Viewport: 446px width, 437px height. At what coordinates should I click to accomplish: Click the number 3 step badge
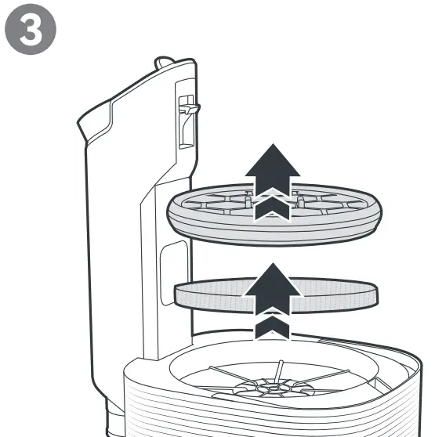(31, 29)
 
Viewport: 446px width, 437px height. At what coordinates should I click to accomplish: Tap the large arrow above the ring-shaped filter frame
(273, 170)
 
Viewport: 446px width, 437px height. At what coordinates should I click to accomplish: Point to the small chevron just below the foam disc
(272, 327)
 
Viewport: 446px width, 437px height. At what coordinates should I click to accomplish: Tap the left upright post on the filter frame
(248, 200)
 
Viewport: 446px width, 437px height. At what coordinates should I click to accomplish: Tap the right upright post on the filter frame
(299, 200)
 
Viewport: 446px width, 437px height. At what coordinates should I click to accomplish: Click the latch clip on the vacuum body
(190, 108)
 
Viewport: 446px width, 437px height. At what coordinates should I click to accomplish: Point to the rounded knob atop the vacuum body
(164, 62)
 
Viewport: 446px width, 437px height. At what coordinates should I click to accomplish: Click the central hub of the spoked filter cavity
(273, 388)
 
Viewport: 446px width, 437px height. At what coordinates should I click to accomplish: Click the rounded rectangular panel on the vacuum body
(174, 273)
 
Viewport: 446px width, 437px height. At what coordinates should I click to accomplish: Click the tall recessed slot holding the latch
(187, 121)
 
